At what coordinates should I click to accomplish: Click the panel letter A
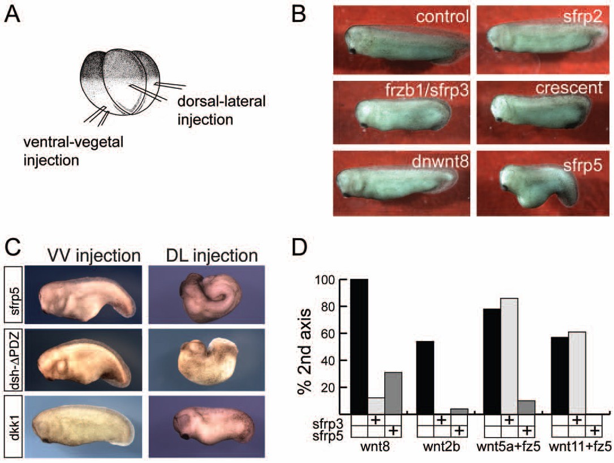[14, 15]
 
